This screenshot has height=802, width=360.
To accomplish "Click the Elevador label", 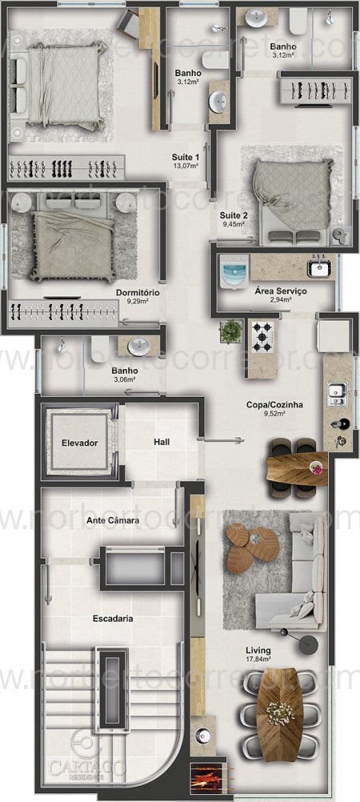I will (79, 443).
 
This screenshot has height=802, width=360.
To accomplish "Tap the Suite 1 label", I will (185, 156).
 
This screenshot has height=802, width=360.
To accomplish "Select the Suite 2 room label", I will (233, 215).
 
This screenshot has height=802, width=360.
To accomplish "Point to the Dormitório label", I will (137, 293).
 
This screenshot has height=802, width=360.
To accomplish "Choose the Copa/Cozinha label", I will (274, 405).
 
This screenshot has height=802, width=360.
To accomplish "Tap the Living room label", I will (258, 650).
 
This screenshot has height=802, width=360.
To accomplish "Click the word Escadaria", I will (112, 618).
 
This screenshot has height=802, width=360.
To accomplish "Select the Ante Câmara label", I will (113, 520).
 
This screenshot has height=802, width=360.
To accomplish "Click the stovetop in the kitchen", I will (264, 337).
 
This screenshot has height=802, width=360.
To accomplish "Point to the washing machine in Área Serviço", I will (233, 275).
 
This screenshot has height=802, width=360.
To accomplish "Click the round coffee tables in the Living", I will (251, 546).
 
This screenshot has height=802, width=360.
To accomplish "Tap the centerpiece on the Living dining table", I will (280, 711).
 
